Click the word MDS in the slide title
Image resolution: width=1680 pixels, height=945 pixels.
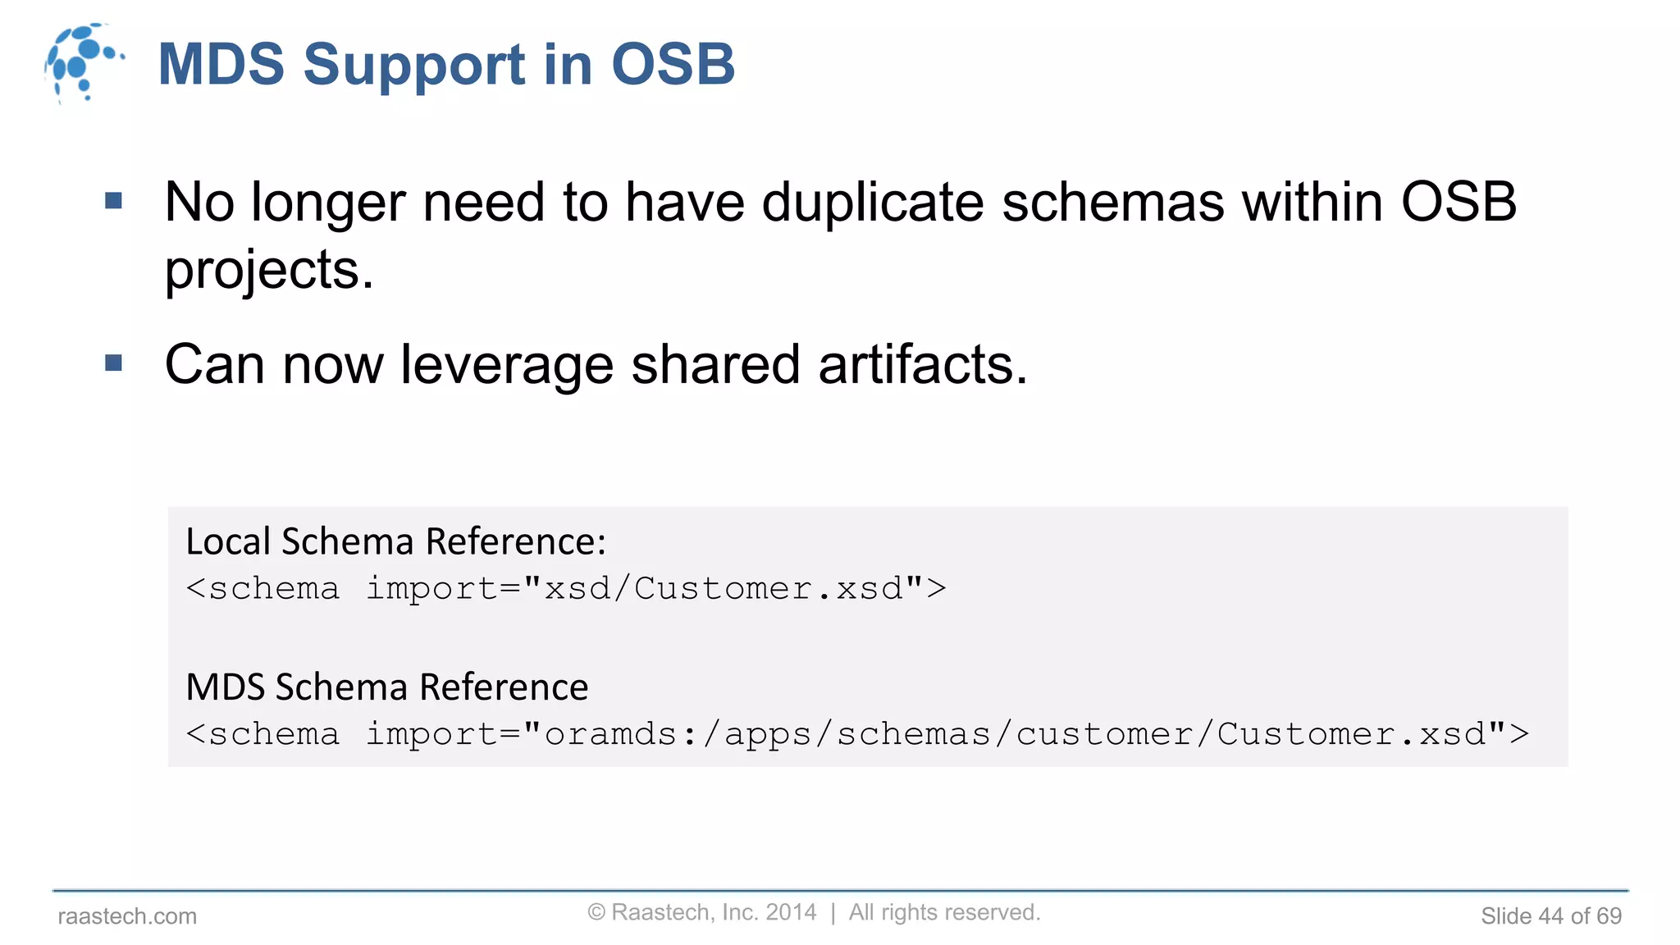point(221,64)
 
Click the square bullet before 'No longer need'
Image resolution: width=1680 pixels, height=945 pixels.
point(114,200)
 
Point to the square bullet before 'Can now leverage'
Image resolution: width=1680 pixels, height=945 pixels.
point(114,363)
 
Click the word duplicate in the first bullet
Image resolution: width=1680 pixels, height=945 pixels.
point(872,202)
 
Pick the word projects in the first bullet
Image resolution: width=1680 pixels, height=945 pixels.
point(268,271)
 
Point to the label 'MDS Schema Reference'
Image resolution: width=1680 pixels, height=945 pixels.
point(387,687)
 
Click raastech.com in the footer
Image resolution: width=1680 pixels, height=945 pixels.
point(127,916)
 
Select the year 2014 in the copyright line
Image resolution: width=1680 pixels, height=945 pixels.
point(791,912)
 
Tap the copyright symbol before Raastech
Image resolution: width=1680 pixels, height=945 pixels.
point(596,912)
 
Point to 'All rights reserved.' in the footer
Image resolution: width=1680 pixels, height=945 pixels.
point(944,912)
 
